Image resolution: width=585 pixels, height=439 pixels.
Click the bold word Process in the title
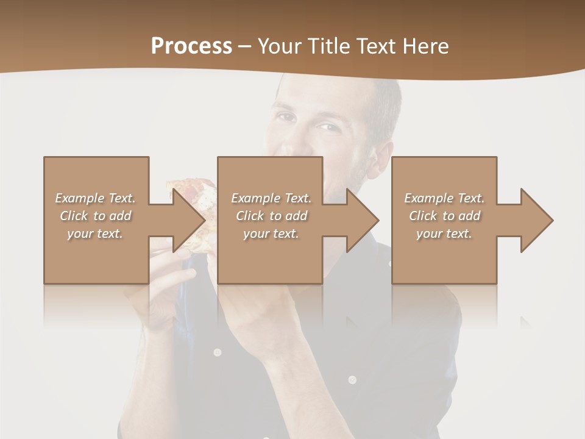[x=191, y=46]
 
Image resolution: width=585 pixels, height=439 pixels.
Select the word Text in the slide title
[x=378, y=46]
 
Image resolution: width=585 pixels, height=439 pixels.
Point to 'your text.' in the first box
[x=95, y=234]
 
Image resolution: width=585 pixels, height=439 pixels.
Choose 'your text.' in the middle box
[x=271, y=234]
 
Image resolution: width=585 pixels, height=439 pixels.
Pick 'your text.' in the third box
[x=444, y=234]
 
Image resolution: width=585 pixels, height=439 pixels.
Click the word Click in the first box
[x=74, y=216]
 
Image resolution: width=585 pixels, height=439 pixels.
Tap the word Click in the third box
[x=423, y=216]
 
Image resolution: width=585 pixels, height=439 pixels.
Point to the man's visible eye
[x=327, y=127]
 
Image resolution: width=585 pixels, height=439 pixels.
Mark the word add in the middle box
[x=296, y=216]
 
